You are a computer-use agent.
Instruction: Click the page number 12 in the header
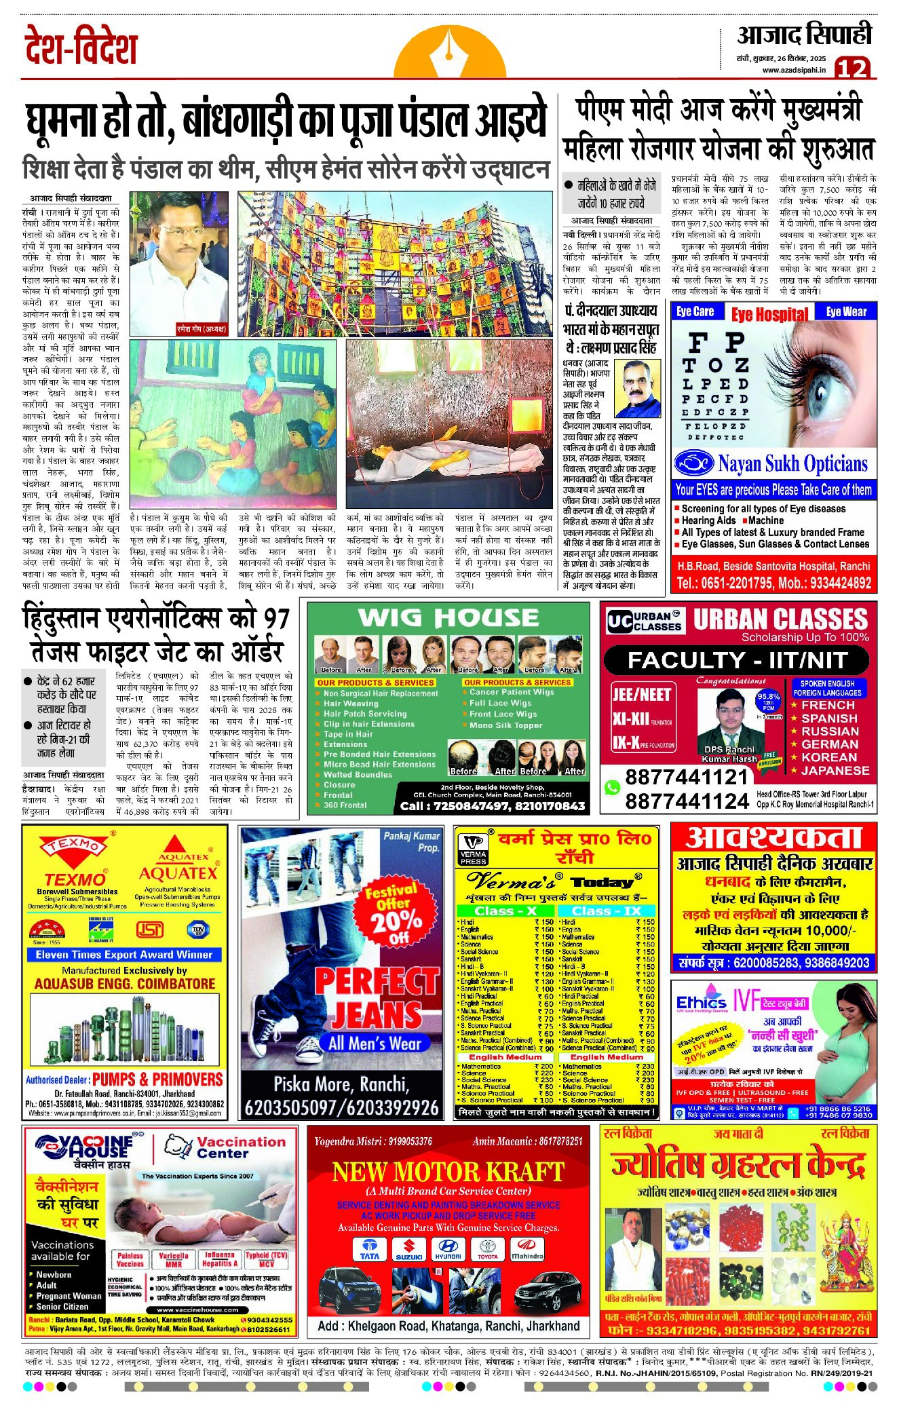852,68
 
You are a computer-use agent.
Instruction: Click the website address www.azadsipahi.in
794,70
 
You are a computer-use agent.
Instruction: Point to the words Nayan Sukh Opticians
792,464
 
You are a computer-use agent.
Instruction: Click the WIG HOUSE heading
448,617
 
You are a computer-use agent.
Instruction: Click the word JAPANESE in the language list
835,770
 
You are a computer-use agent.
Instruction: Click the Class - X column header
505,911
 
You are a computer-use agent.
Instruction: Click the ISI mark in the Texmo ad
150,929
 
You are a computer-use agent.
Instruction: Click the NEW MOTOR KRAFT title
448,1171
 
